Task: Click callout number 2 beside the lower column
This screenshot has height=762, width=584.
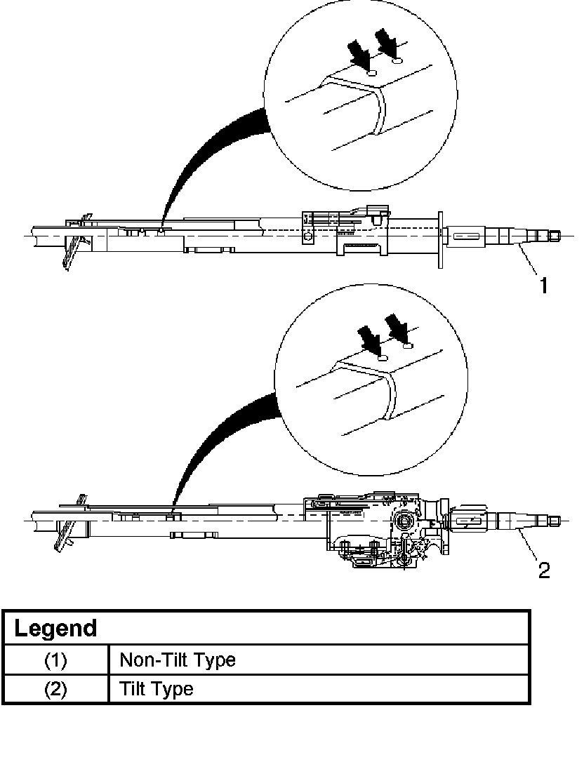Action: point(543,570)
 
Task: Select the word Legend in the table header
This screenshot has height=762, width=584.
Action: point(55,627)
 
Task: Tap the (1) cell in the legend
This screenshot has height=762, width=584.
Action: point(55,660)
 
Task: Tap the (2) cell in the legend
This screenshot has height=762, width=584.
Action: point(55,689)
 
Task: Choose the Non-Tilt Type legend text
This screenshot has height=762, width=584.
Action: point(178,660)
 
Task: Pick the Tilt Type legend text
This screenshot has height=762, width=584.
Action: point(156,689)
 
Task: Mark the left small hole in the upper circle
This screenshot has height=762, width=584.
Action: point(373,72)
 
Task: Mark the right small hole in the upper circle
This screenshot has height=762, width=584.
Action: point(397,61)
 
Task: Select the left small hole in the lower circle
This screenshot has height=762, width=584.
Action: point(383,358)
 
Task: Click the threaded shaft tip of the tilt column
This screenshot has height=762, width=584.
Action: point(555,521)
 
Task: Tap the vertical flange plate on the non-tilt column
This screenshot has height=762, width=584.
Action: point(439,239)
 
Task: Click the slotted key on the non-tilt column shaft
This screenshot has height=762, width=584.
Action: point(466,237)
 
